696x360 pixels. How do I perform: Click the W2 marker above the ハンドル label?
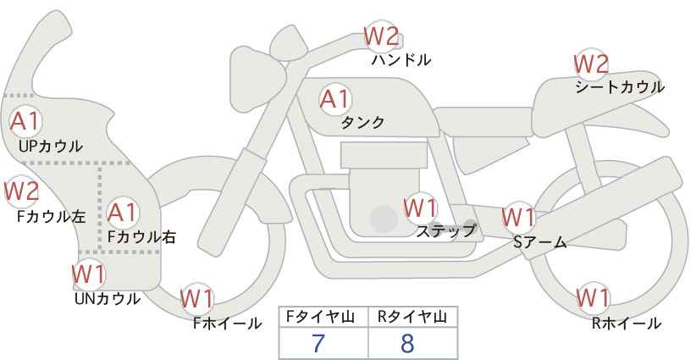(x=381, y=36)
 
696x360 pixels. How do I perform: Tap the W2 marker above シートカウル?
(x=591, y=64)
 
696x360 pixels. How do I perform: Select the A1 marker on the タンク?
(x=336, y=99)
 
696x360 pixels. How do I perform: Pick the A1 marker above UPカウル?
(x=25, y=121)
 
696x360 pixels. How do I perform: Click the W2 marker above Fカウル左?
(x=21, y=191)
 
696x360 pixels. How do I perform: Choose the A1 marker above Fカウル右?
(x=122, y=213)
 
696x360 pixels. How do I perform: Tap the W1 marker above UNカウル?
(x=89, y=274)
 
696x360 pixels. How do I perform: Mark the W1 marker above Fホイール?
(x=197, y=299)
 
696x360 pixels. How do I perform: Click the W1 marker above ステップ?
(x=420, y=208)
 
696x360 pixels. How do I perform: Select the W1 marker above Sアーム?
(x=518, y=217)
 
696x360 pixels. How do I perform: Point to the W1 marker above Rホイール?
(x=593, y=298)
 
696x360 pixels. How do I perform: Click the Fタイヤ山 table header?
(x=320, y=317)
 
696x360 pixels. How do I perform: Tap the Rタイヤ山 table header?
(x=412, y=317)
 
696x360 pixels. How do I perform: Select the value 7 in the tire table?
(x=318, y=343)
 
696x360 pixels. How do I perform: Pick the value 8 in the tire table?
(x=407, y=343)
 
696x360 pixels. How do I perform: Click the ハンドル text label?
(x=401, y=60)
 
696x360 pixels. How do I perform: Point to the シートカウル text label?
(x=620, y=87)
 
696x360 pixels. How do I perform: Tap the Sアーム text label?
(x=540, y=242)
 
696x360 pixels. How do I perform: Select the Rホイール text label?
(x=627, y=324)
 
